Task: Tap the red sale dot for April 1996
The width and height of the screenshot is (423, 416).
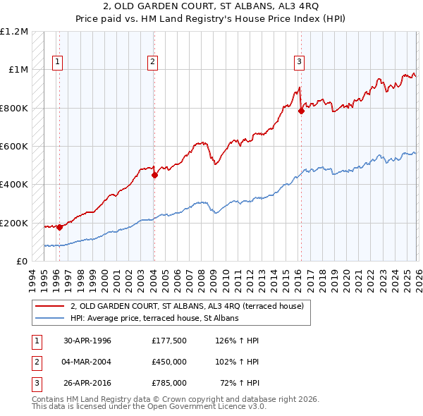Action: (59, 227)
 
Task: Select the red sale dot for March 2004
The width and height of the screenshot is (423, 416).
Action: (154, 176)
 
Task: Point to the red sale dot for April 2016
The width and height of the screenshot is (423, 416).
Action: (301, 111)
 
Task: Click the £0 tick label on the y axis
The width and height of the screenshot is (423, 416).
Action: (21, 262)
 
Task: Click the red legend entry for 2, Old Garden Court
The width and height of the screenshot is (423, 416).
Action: (187, 306)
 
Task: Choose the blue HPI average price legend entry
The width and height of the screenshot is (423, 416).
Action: (154, 318)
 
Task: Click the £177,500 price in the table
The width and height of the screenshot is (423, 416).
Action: (168, 341)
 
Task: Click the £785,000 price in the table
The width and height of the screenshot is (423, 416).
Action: (168, 383)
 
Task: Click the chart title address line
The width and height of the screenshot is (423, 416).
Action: (211, 6)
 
